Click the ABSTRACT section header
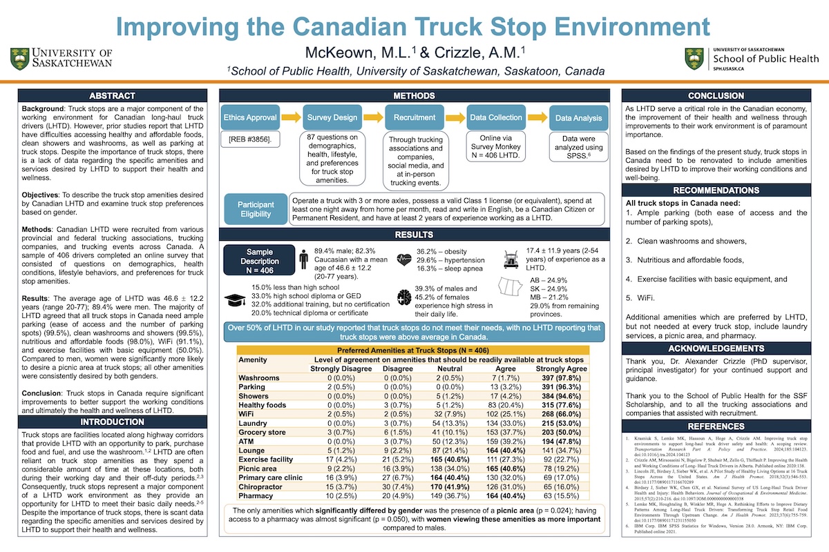click(x=112, y=95)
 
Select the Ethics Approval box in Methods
click(x=251, y=117)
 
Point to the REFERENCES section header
click(x=716, y=426)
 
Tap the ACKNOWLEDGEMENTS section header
click(x=716, y=348)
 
